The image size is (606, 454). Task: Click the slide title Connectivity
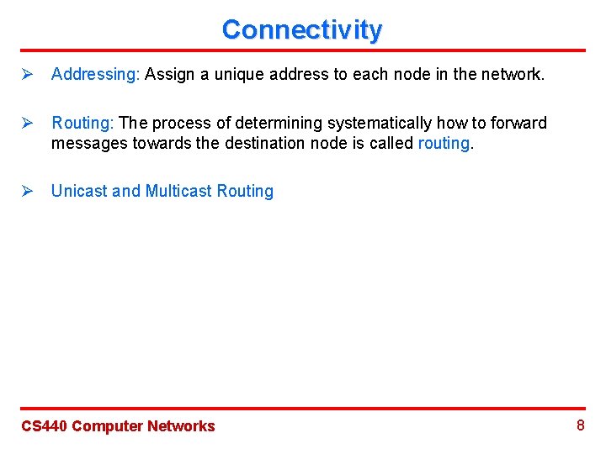(x=301, y=30)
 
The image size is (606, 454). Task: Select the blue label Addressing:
(x=95, y=75)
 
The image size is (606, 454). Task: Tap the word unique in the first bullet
(x=242, y=75)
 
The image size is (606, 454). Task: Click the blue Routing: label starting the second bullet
(x=82, y=124)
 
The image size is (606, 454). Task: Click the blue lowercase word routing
(x=444, y=144)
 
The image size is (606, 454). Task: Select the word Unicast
(x=79, y=192)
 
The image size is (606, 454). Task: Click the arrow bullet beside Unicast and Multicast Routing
(x=26, y=192)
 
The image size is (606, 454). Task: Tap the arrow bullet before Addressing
(x=26, y=75)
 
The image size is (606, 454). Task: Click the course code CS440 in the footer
(x=44, y=426)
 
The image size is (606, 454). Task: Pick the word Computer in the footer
(x=107, y=426)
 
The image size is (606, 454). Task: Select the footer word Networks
(x=181, y=426)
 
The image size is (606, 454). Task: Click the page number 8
(x=580, y=425)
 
